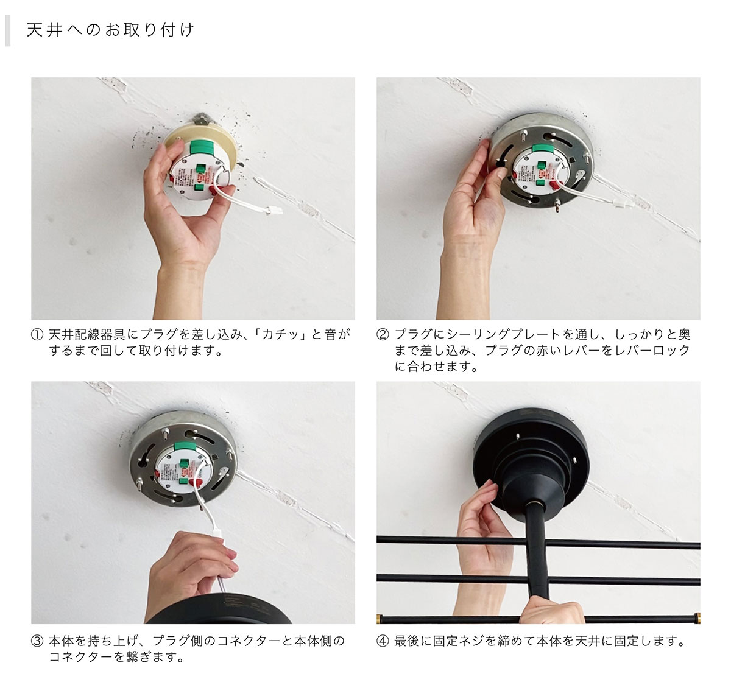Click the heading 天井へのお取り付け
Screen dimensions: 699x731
click(110, 30)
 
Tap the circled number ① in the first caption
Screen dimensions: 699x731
click(37, 335)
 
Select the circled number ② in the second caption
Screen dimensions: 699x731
click(383, 335)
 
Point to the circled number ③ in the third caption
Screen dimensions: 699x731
click(37, 641)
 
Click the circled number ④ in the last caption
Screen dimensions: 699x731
click(383, 641)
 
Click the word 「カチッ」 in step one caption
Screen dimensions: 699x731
click(280, 335)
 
